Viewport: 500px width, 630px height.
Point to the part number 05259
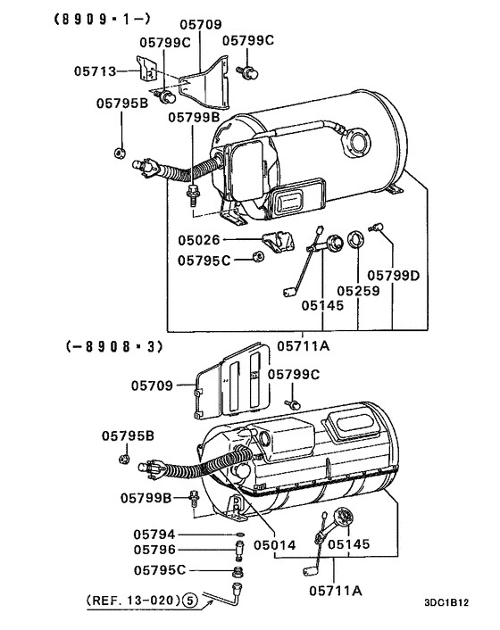[x=358, y=291]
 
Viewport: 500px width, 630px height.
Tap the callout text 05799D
[x=394, y=276]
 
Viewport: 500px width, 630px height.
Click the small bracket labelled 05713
[x=144, y=70]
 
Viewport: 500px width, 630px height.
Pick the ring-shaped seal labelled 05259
[x=354, y=240]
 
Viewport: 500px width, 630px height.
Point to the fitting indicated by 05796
[x=237, y=548]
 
